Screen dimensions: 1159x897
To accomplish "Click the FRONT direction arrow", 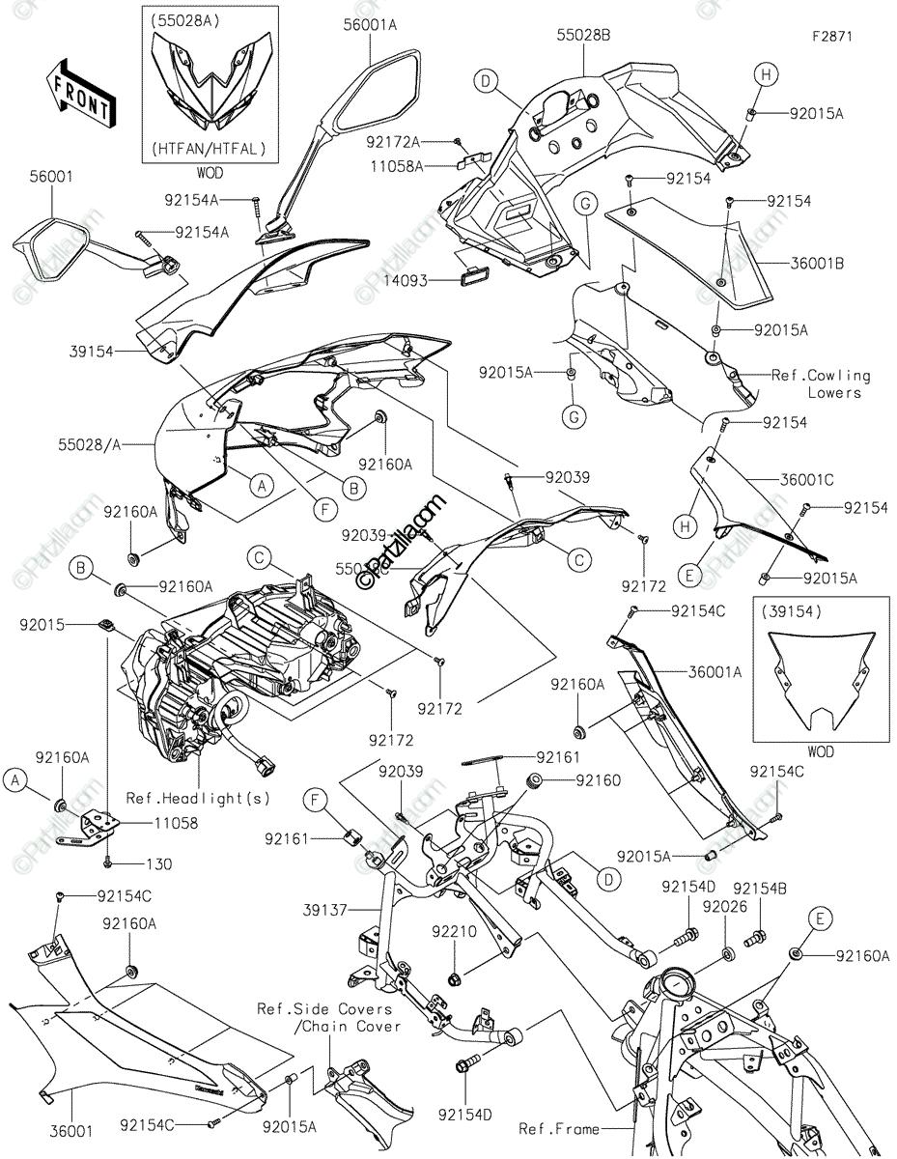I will coord(81,94).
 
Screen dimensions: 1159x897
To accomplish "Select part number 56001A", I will coord(370,26).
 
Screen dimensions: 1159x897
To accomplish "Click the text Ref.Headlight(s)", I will coord(199,799).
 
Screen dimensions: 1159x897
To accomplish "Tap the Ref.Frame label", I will coord(558,1128).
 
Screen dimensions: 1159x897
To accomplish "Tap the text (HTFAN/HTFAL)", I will coord(209,149).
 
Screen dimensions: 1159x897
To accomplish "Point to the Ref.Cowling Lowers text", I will coord(821,383).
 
